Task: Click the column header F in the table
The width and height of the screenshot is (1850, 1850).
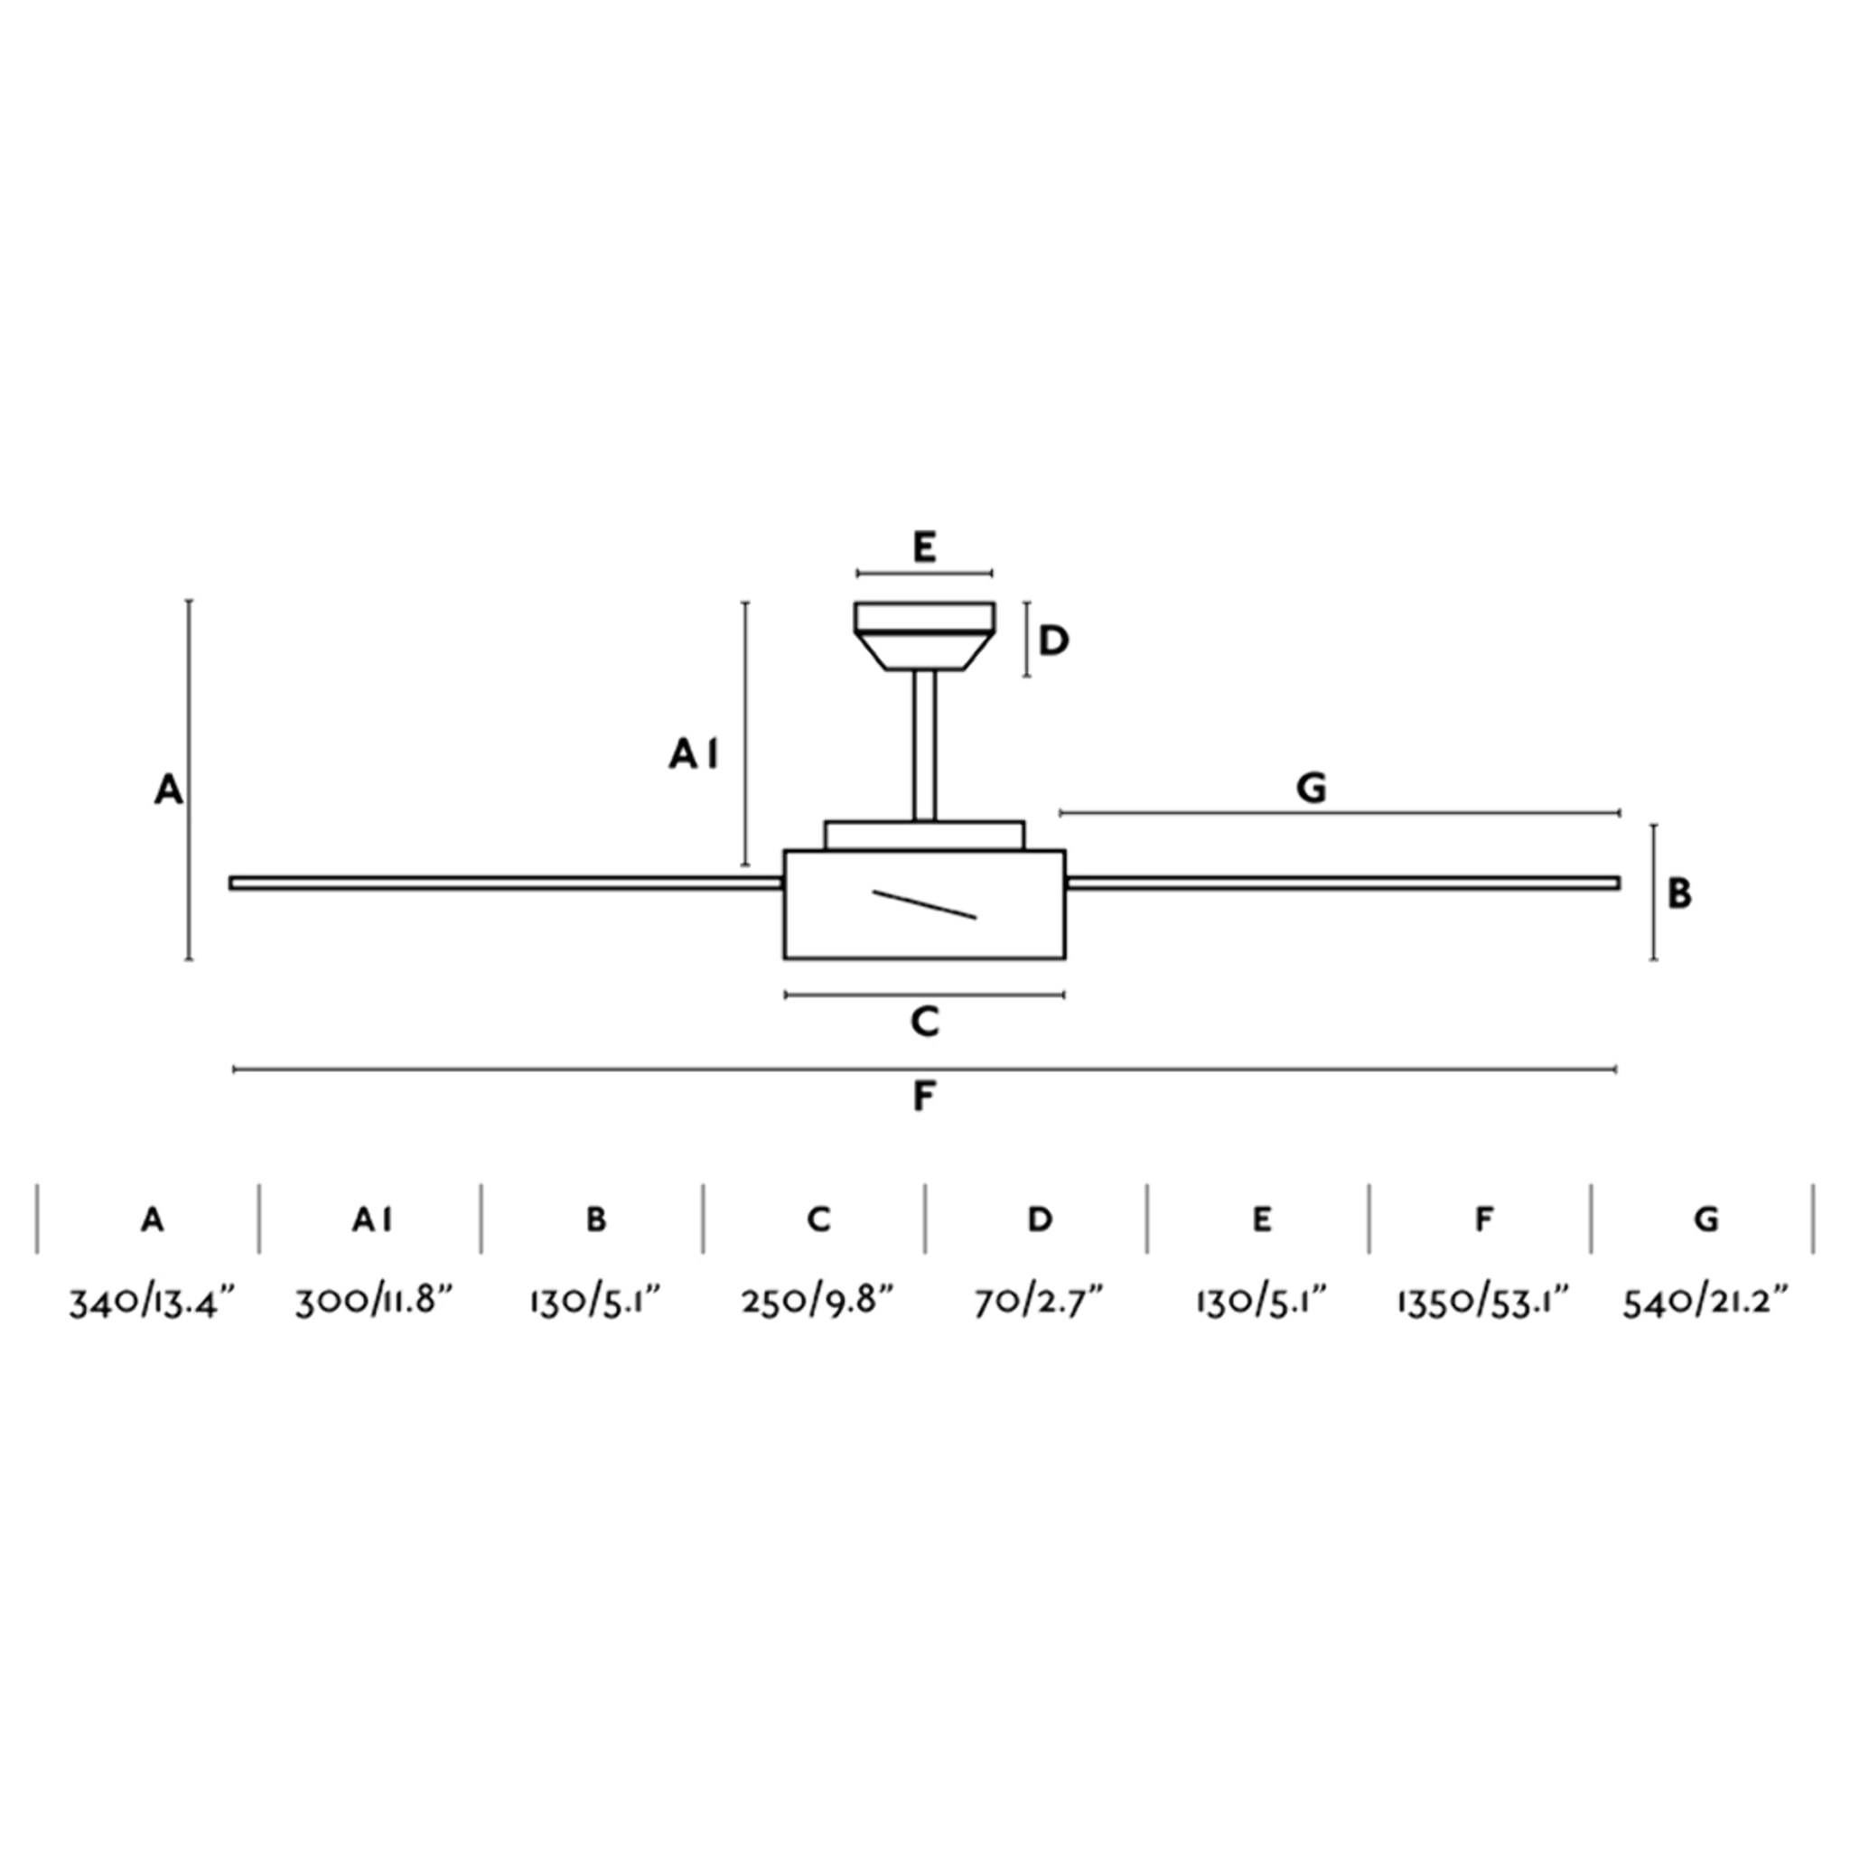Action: tap(1483, 1219)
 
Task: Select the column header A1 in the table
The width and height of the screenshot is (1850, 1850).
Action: tap(372, 1219)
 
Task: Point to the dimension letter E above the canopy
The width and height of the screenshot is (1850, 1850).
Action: tap(924, 547)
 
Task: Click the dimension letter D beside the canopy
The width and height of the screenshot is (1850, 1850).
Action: tap(1053, 640)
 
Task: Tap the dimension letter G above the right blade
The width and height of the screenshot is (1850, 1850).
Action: tap(1311, 788)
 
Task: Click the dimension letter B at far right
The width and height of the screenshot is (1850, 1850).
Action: tap(1679, 893)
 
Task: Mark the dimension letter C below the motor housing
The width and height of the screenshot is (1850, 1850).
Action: tap(924, 1022)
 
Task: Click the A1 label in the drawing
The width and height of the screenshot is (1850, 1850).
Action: tap(693, 755)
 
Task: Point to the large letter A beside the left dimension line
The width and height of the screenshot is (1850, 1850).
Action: tap(169, 790)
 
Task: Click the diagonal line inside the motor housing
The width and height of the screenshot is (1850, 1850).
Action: tap(924, 905)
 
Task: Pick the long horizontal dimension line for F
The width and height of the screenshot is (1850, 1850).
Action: tap(924, 1069)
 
